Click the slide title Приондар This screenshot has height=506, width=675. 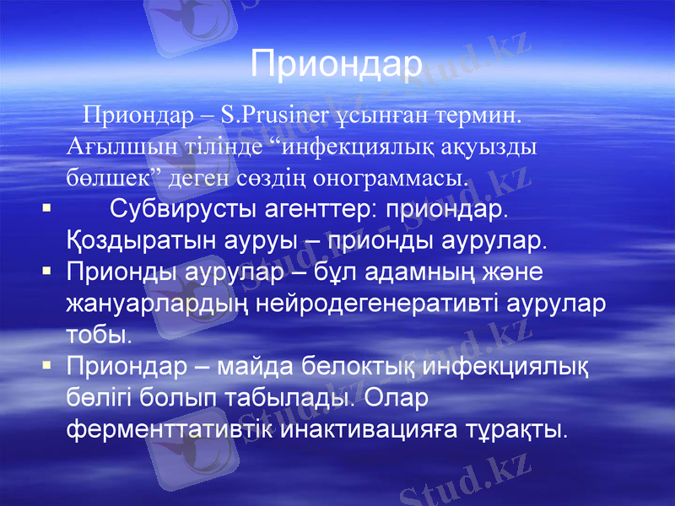click(337, 64)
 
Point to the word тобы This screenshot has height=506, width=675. click(99, 335)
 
